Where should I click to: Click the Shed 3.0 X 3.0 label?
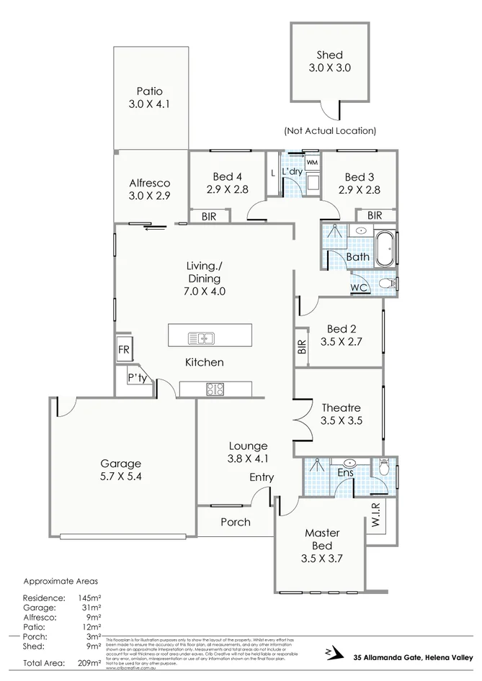329,62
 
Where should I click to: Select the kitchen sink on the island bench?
202,337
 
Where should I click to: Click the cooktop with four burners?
215,389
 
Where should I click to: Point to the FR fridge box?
123,351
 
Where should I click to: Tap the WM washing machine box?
312,163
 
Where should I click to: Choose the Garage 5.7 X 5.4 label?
120,470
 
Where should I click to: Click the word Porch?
235,522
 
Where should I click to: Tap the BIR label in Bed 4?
209,216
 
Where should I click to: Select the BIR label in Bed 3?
374,215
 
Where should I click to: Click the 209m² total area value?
90,662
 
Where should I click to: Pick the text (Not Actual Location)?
330,131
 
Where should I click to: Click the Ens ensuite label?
345,473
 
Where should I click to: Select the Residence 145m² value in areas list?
90,597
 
